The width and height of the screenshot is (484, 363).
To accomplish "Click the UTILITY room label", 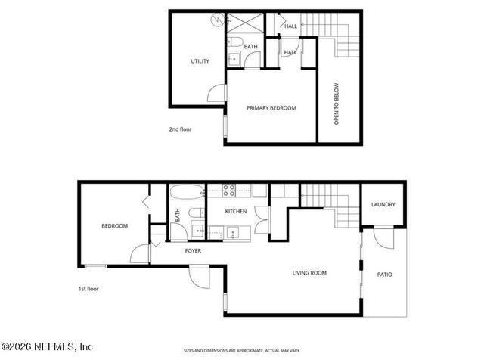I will (200, 61).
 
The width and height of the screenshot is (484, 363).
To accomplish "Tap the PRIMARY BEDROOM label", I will (271, 108).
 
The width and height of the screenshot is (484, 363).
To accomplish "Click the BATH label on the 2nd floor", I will (250, 47).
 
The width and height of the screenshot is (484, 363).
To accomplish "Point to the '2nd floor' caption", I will (180, 129).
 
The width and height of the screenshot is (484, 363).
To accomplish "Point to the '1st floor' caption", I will (88, 288).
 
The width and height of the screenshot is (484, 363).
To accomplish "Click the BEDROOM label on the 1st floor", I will (114, 225).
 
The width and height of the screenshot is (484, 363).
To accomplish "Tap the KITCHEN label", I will (236, 211).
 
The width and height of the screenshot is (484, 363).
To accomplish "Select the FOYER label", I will (193, 250).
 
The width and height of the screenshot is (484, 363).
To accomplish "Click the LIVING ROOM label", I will (309, 272).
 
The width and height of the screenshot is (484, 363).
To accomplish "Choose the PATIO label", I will (385, 274).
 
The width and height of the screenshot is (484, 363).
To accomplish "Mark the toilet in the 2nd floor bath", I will (234, 41).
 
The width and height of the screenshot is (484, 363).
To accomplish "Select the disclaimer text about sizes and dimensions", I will (242, 351).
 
